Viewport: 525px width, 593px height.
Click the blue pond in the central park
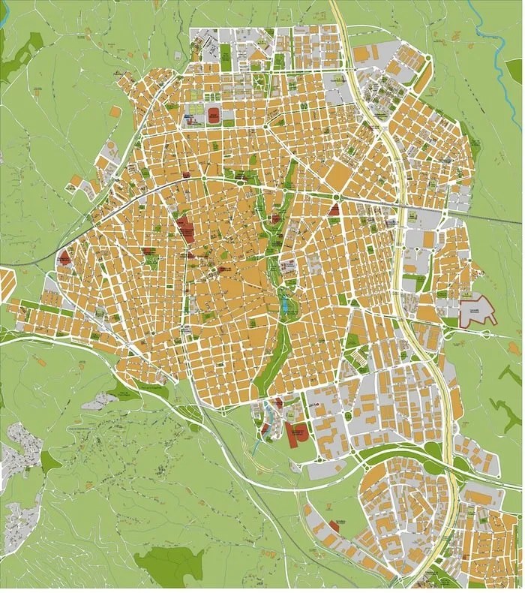point(285,305)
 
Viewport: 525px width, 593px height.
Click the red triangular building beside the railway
point(334,209)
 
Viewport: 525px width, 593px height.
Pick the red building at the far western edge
point(65,258)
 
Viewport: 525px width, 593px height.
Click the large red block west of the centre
point(184,230)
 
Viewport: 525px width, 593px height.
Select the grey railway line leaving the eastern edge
point(495,218)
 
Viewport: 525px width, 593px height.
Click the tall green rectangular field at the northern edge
point(225,53)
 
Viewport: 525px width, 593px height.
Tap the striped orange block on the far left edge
point(7,285)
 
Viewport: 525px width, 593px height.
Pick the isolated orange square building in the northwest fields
point(115,111)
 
